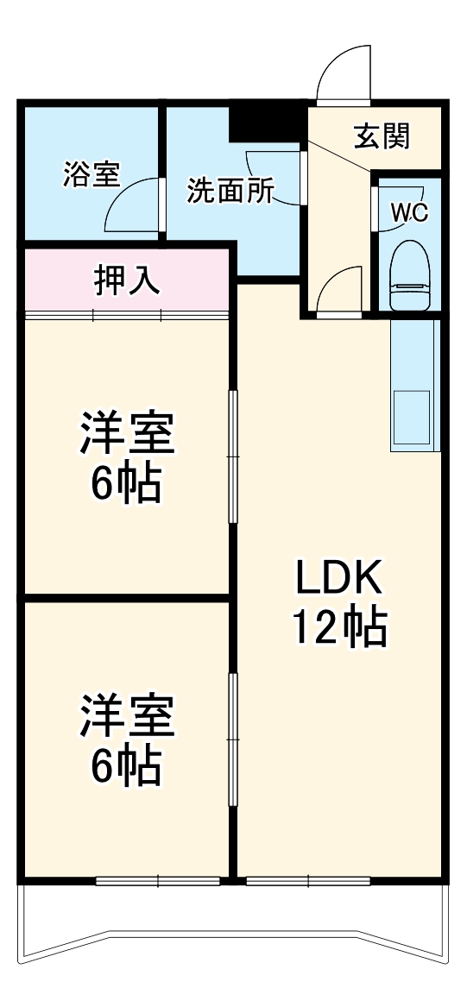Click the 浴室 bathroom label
pyautogui.click(x=91, y=173)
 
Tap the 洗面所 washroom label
pyautogui.click(x=230, y=191)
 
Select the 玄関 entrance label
pyautogui.click(x=382, y=136)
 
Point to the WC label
pyautogui.click(x=409, y=213)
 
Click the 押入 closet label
pyautogui.click(x=126, y=281)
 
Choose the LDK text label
pyautogui.click(x=338, y=578)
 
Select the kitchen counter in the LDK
pyautogui.click(x=414, y=385)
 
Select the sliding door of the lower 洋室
pyautogui.click(x=233, y=732)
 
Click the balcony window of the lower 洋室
pyautogui.click(x=159, y=881)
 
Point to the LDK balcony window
pyautogui.click(x=308, y=881)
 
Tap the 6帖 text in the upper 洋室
pyautogui.click(x=127, y=487)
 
